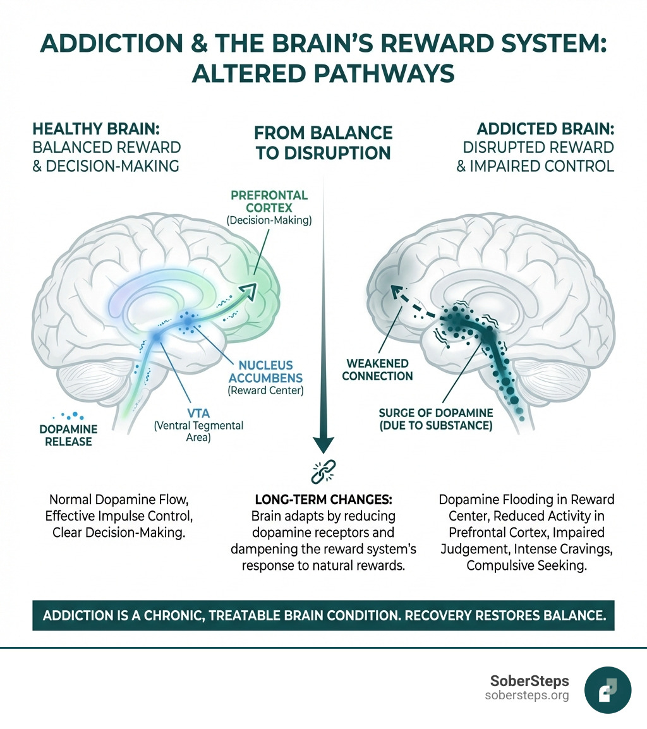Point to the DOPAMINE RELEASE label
64,435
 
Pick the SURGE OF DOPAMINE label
435,419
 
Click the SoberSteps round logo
608,689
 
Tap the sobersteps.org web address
527,696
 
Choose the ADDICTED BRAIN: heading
545,128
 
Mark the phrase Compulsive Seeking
526,565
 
